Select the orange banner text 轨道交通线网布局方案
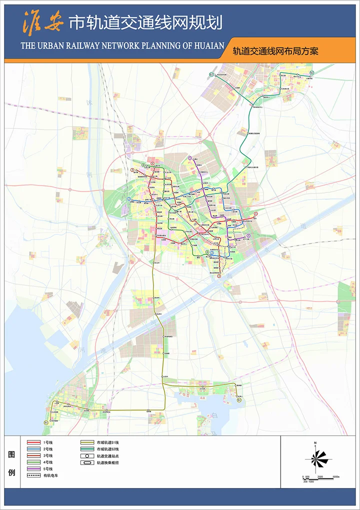275,50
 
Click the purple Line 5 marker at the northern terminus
190,158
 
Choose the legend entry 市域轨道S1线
107,442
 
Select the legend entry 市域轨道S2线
107,449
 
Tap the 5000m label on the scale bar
336,476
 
